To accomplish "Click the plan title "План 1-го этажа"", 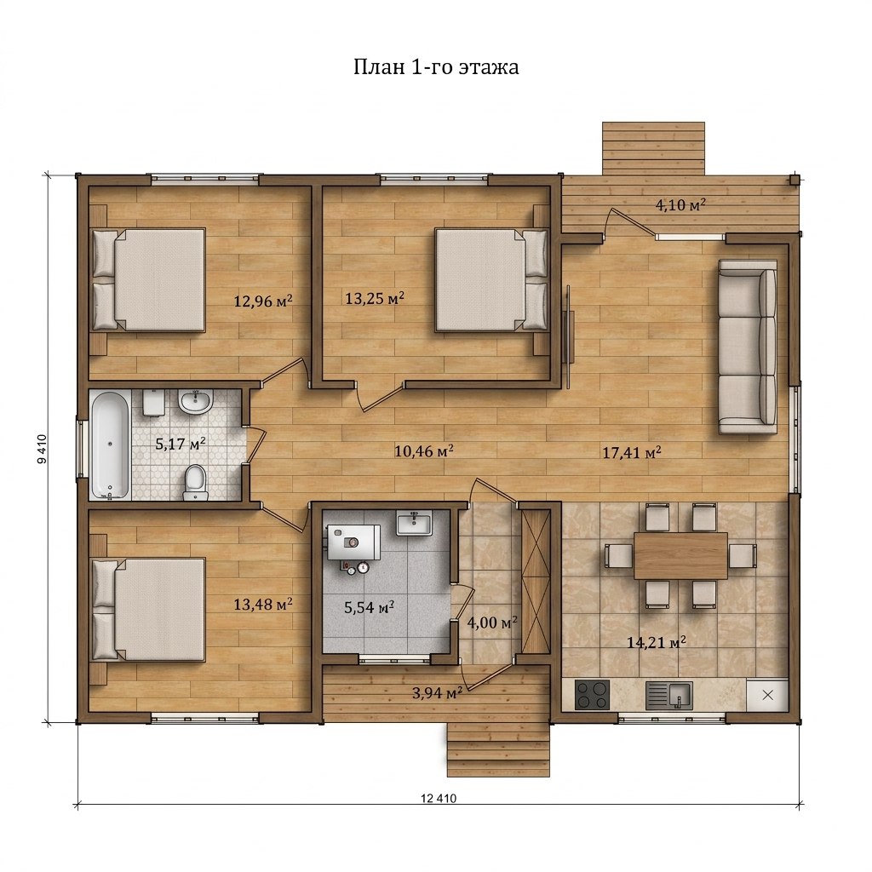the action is point(437,66).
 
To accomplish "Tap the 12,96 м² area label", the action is point(263,301).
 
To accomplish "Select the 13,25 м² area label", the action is point(375,298).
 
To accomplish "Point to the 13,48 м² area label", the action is point(263,604).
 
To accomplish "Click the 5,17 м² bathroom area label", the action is point(181,444).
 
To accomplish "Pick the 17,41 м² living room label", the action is point(632,453).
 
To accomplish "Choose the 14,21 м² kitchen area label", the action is point(657,642).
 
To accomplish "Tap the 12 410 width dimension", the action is point(439,798).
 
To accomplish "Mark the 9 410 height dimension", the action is point(43,450).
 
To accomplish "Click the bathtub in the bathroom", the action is point(110,445).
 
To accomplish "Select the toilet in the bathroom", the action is point(195,483).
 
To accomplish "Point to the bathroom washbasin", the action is point(195,402).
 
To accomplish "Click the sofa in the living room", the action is point(748,347).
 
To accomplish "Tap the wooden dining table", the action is point(680,555).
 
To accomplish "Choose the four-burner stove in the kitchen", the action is point(592,695).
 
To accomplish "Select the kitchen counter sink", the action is point(669,696).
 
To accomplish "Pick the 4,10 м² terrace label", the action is point(680,204).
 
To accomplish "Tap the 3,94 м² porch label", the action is point(438,693).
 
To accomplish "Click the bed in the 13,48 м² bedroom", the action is point(148,610).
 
